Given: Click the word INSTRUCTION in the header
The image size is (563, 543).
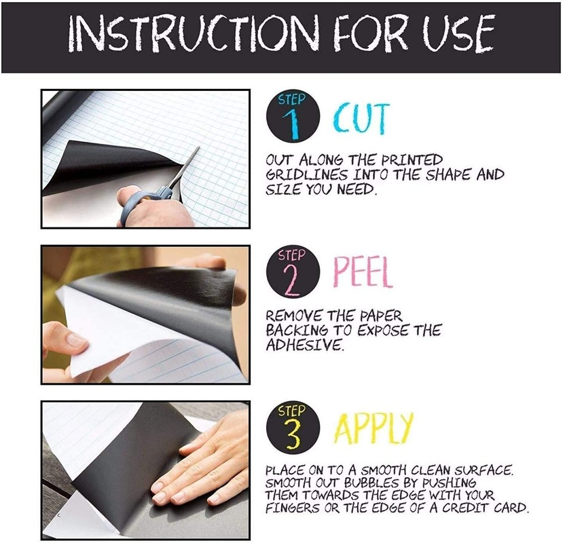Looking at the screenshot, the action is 194,33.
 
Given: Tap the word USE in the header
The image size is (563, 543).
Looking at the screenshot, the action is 458,33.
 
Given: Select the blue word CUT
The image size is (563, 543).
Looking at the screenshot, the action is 361,117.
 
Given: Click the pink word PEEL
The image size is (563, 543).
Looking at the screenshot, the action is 363,272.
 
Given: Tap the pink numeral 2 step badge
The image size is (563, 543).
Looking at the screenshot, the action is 293,272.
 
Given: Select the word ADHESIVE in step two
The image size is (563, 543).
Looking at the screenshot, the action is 304,345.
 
